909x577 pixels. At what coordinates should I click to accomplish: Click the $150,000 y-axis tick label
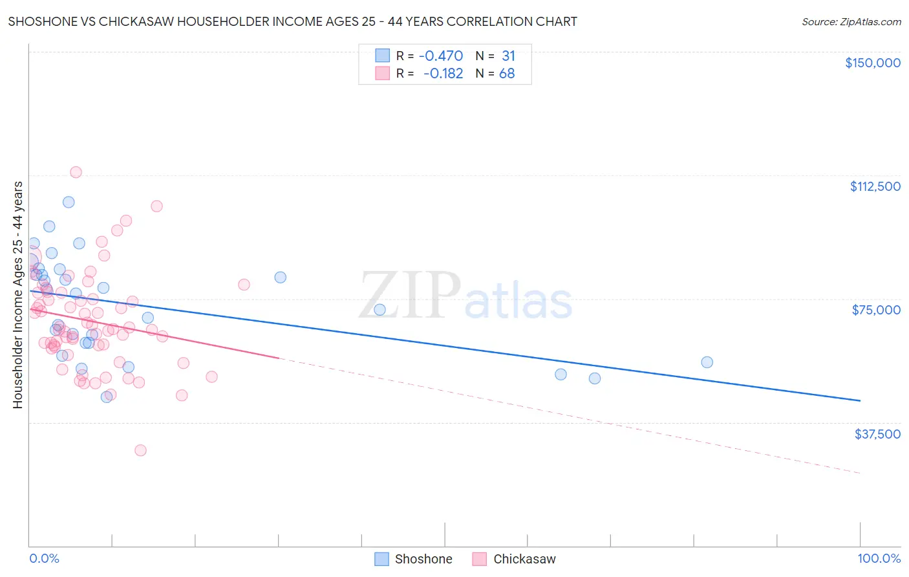[x=872, y=63]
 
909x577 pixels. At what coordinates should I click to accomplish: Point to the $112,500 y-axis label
[x=875, y=186]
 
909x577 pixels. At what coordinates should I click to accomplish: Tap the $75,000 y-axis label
[x=876, y=310]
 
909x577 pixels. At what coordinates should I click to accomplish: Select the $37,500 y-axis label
[x=877, y=434]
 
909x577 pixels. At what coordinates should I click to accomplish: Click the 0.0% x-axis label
[x=44, y=559]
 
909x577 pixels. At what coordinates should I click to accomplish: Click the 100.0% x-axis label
[x=879, y=559]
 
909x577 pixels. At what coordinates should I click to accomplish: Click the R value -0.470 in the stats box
[x=441, y=56]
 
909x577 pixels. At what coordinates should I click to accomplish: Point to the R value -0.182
[x=443, y=74]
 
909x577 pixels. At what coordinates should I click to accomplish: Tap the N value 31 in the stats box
[x=508, y=56]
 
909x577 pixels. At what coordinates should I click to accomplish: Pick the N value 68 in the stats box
[x=507, y=74]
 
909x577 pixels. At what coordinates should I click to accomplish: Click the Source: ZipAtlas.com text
[x=851, y=22]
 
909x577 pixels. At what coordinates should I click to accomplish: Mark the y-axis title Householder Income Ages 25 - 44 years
[x=17, y=295]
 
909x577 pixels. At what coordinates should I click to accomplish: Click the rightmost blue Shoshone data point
[x=707, y=362]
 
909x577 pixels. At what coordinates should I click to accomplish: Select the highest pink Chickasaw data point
[x=76, y=172]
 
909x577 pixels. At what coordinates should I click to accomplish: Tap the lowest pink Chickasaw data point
[x=140, y=450]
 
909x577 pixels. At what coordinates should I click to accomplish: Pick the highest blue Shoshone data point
[x=69, y=202]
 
